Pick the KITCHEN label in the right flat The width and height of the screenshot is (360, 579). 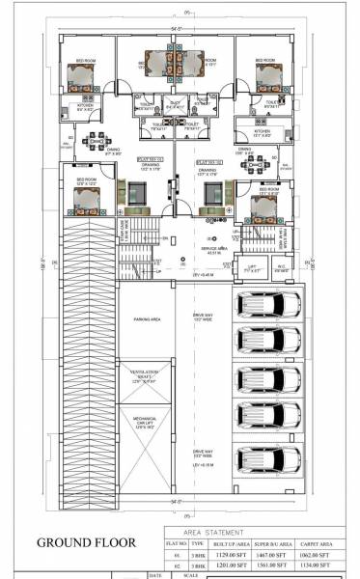263,130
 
